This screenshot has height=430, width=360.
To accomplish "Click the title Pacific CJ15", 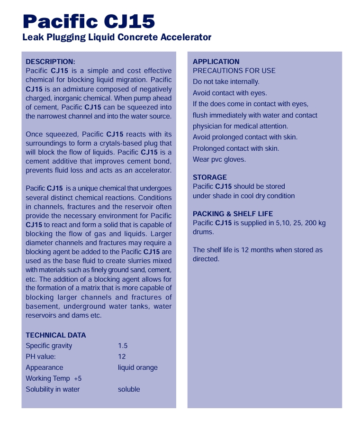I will (x=89, y=21).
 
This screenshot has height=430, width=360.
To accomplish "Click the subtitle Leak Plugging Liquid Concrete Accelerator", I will (x=117, y=37).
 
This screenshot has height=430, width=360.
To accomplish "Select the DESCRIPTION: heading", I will (x=50, y=62).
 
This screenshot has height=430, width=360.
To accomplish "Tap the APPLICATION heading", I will (x=216, y=62).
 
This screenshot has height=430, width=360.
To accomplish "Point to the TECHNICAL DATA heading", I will (x=56, y=335).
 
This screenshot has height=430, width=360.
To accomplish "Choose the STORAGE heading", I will (x=210, y=177).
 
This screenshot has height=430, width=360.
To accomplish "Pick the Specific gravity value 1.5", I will (x=123, y=346).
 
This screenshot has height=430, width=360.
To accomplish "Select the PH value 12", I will (x=122, y=357).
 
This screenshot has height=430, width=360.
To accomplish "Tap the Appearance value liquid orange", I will (x=138, y=367).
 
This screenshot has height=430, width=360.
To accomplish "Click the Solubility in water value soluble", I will (x=129, y=389).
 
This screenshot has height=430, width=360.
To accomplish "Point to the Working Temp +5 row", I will (x=54, y=378).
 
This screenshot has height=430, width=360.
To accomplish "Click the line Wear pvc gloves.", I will (x=219, y=159).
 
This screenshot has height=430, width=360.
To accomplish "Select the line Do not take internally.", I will (x=226, y=82).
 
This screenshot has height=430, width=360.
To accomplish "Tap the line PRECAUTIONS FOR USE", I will (x=234, y=71).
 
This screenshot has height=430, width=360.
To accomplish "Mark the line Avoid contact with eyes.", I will (x=230, y=93).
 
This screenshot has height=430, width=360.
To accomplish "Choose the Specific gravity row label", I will (x=49, y=346).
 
